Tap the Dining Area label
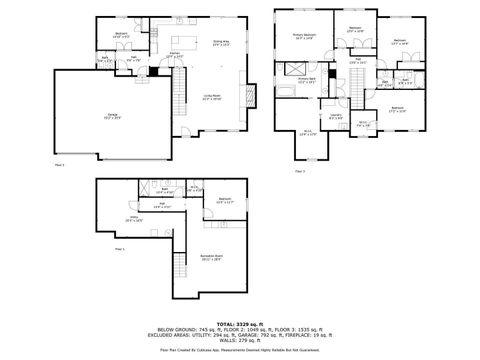point(221,43)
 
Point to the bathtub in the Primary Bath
point(287,93)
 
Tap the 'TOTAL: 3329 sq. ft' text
point(240,325)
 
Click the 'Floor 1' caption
point(119,248)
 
